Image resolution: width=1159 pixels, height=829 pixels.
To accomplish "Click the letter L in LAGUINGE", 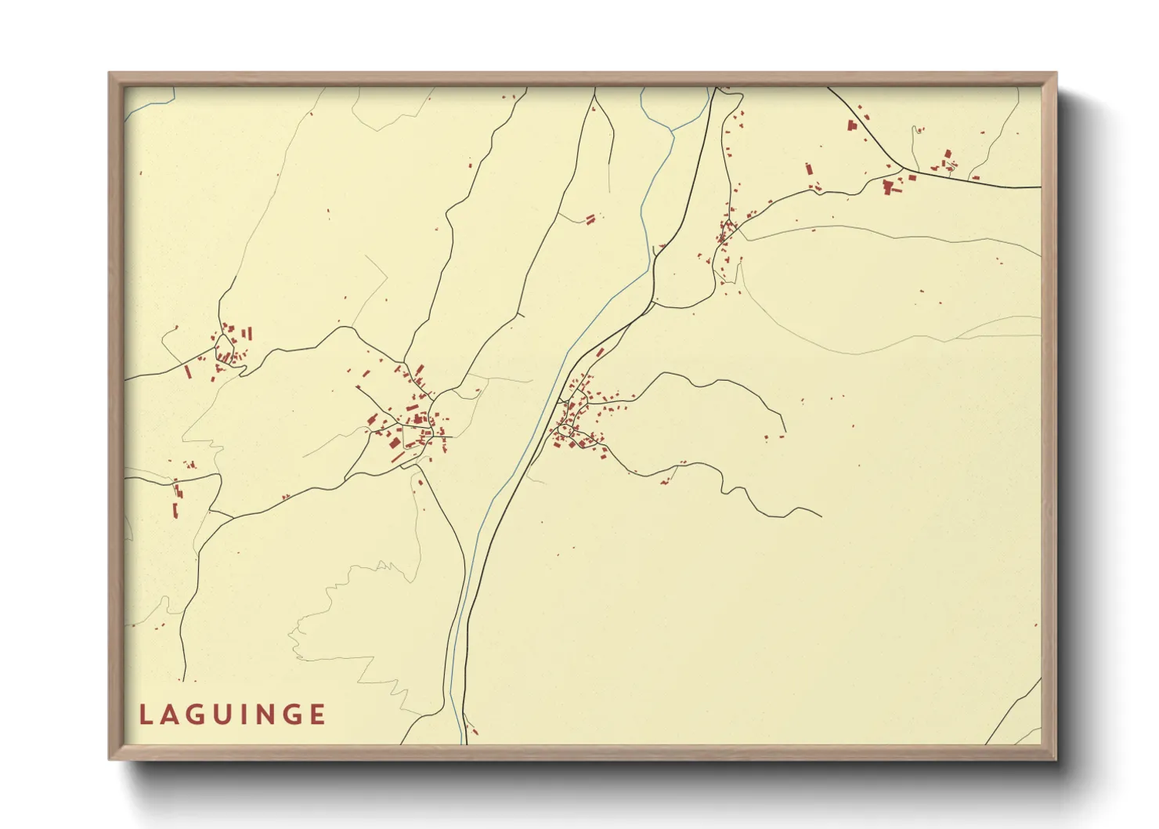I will tap(146, 715).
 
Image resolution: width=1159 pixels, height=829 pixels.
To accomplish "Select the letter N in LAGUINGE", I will tap(266, 715).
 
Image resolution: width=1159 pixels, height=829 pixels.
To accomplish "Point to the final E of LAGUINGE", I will tap(317, 715).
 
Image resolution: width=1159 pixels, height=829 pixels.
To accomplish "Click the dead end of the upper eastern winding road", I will tap(783, 432).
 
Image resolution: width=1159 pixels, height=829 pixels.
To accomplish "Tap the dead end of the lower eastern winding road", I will tap(821, 516).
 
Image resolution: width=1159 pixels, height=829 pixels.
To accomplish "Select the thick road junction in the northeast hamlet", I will tap(904, 168).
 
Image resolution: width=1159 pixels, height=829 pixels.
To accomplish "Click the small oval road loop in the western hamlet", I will tap(224, 344).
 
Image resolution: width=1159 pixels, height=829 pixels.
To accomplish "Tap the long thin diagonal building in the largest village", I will tap(398, 456).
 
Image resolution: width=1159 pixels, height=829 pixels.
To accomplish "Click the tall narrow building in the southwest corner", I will tap(175, 510).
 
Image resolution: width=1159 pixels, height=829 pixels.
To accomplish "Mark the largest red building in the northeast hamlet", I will tap(887, 186).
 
